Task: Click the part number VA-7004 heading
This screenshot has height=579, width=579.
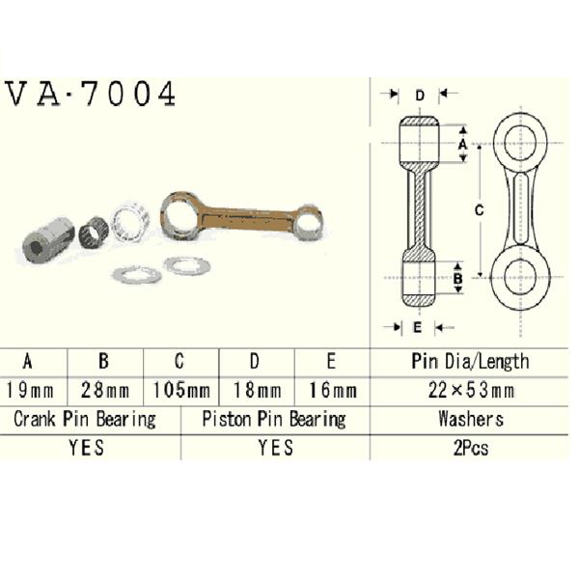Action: (x=91, y=95)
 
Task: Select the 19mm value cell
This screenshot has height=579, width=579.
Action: (x=30, y=391)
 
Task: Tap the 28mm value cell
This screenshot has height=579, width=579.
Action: (x=105, y=391)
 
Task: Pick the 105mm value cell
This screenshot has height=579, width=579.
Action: (x=181, y=391)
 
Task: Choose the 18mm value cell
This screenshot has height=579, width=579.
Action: (x=258, y=391)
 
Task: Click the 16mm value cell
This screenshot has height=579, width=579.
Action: (x=333, y=391)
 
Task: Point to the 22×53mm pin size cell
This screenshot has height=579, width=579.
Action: (x=471, y=391)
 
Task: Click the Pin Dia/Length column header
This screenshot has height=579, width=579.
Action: (x=471, y=362)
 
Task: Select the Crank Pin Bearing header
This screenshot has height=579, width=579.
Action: (x=85, y=420)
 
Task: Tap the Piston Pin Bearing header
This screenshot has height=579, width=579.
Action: (x=274, y=420)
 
